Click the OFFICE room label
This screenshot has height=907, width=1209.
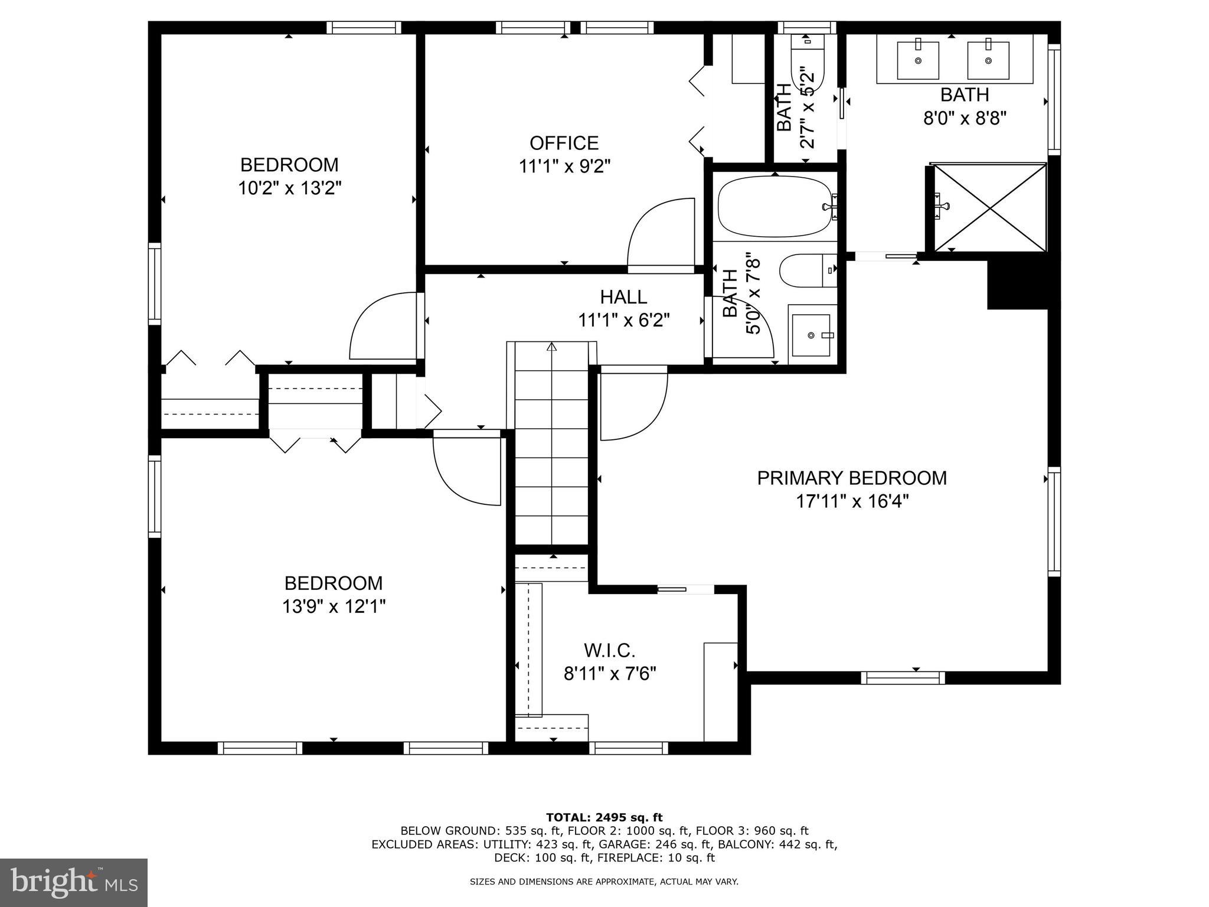564,143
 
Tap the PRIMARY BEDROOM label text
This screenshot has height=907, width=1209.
851,478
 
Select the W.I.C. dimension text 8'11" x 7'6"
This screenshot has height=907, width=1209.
610,673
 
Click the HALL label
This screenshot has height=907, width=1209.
623,296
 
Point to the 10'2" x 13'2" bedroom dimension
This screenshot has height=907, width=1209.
289,188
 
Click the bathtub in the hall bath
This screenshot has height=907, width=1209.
773,207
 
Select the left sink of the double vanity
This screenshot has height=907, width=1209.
917,60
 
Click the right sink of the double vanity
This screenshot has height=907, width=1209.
987,60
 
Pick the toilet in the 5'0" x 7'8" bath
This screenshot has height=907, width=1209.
806,270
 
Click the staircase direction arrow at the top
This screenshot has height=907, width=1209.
551,347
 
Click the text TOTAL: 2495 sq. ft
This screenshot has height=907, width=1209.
604,817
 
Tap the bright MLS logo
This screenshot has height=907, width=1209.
74,882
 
